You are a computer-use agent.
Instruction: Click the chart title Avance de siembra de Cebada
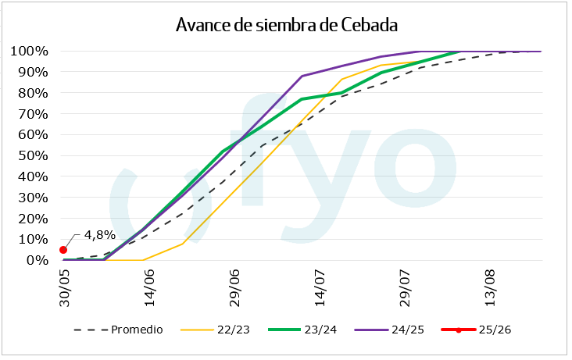(287, 25)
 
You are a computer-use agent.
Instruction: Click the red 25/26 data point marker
(63, 250)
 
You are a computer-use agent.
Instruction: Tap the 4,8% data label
(99, 233)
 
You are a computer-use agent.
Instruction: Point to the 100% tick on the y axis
(30, 52)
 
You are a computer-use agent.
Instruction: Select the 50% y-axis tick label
(34, 155)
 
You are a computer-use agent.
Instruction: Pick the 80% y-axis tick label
(34, 93)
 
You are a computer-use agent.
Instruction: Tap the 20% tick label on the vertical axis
(34, 219)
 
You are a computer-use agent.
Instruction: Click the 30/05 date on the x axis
(66, 290)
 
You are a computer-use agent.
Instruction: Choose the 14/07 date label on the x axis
(322, 290)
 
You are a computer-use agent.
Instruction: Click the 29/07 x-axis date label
(408, 290)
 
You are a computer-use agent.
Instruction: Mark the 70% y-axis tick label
(34, 114)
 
